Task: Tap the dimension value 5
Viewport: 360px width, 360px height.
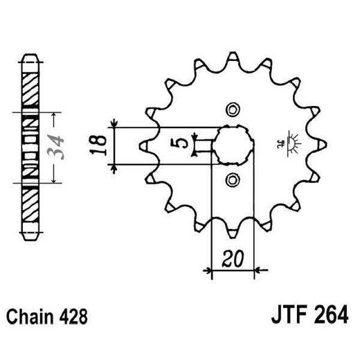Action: (x=181, y=145)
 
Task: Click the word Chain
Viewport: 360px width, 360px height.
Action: (x=29, y=320)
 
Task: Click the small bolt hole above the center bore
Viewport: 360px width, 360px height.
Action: (x=232, y=109)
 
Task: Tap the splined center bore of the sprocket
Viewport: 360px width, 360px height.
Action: (x=232, y=145)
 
